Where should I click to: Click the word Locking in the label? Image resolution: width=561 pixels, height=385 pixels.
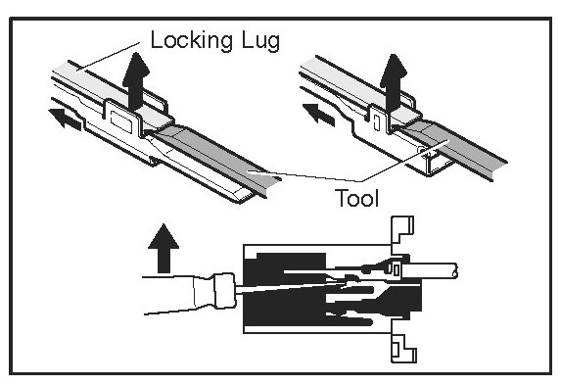tap(193, 40)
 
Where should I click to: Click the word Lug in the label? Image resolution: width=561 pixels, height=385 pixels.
tap(260, 41)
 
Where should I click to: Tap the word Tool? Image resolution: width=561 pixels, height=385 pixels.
tap(356, 198)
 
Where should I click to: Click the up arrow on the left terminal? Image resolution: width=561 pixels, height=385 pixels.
tap(135, 80)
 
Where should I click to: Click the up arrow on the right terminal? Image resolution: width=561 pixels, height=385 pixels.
tap(394, 81)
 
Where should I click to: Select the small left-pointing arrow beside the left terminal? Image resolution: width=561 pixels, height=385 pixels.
tap(66, 119)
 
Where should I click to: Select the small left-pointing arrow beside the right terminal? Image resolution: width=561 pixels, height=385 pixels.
tap(319, 115)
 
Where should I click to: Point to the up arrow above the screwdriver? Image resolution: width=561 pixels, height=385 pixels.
tap(164, 248)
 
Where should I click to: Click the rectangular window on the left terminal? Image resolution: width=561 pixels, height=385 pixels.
tap(121, 121)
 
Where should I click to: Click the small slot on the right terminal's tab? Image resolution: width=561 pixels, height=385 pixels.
tap(376, 122)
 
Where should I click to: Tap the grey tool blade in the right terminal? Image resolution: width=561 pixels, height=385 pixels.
tap(454, 146)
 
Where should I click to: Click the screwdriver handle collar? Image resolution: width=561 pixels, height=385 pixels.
tap(224, 290)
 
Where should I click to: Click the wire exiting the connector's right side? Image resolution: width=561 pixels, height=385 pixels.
tap(430, 270)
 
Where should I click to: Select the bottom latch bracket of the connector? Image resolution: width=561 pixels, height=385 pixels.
tap(402, 349)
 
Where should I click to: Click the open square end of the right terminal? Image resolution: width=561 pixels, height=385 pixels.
tap(439, 166)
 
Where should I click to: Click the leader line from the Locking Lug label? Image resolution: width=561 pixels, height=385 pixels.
tap(108, 56)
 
